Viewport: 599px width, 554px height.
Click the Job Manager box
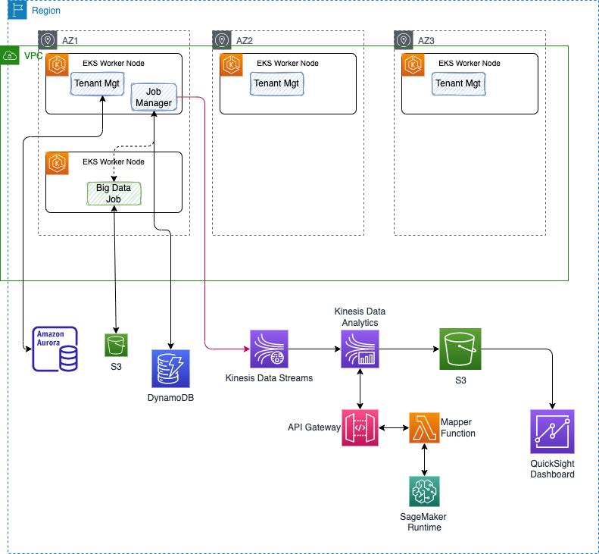pyautogui.click(x=154, y=97)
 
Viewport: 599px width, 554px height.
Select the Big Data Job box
pyautogui.click(x=114, y=192)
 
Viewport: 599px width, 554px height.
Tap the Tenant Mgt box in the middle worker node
pyautogui.click(x=276, y=83)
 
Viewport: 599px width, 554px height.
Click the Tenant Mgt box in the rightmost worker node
pyautogui.click(x=458, y=83)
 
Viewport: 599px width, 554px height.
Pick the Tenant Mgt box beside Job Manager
pyautogui.click(x=96, y=83)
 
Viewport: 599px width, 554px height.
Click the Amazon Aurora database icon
pyautogui.click(x=55, y=349)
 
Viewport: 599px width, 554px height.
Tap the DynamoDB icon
pyautogui.click(x=170, y=369)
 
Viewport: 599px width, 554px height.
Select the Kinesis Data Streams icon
pyautogui.click(x=269, y=349)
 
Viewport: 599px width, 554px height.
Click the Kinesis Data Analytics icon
pyautogui.click(x=360, y=349)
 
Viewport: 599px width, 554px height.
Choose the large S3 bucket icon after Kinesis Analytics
pyautogui.click(x=460, y=349)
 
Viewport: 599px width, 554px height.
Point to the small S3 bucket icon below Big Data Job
pyautogui.click(x=116, y=346)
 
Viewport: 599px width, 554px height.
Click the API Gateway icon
pyautogui.click(x=360, y=428)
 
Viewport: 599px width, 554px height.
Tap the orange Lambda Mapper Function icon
pyautogui.click(x=424, y=428)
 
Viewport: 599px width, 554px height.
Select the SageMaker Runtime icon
pyautogui.click(x=424, y=491)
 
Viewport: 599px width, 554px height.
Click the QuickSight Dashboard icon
pyautogui.click(x=552, y=431)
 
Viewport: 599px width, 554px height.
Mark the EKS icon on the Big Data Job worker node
pyautogui.click(x=58, y=163)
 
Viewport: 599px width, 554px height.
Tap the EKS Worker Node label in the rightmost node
pyautogui.click(x=470, y=63)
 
